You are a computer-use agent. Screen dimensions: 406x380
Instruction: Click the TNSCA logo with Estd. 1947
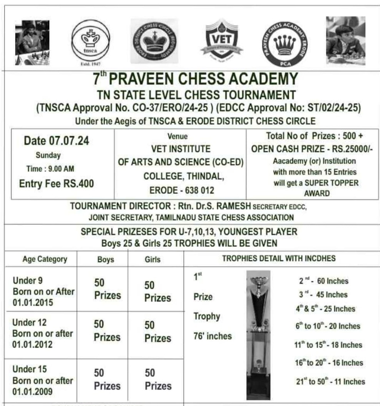click(90, 40)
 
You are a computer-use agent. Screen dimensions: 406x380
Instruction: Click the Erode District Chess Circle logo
click(154, 41)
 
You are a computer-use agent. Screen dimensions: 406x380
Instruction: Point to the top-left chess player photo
click(32, 42)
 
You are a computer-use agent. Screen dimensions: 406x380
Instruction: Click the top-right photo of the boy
click(345, 40)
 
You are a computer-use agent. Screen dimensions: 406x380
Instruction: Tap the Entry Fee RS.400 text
click(56, 183)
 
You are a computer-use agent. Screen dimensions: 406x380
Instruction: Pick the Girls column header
click(152, 259)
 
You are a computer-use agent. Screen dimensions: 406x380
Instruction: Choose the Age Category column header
click(45, 259)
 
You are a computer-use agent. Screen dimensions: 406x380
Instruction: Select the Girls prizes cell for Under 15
click(158, 379)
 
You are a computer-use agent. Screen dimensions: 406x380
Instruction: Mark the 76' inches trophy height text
click(213, 336)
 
